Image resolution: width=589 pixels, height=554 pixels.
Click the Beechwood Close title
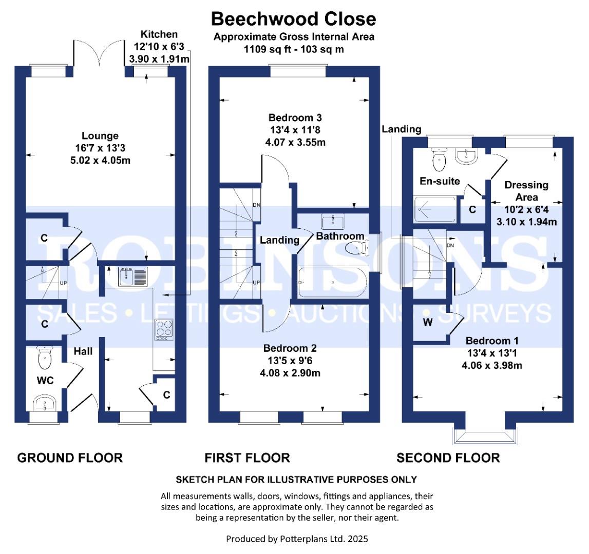pos(293,19)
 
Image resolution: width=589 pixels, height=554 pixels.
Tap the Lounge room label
pos(100,135)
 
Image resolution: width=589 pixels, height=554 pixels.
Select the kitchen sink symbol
pos(132,276)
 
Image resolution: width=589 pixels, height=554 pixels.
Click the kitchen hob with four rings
pos(164,329)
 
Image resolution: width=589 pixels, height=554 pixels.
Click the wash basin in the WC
pos(45,403)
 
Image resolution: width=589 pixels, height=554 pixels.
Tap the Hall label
pos(83,351)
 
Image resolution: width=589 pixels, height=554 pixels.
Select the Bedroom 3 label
pos(295,117)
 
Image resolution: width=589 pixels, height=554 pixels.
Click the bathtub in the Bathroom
pos(332,282)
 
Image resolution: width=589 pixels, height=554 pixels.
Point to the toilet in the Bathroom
pos(356,248)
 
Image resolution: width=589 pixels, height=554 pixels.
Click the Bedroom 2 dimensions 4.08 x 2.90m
pos(290,373)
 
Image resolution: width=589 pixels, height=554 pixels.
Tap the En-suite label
pos(440,181)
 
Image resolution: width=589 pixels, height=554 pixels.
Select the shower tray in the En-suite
pos(435,209)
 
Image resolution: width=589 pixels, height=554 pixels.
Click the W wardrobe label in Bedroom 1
pos(427,322)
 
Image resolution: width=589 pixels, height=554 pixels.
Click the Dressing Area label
pos(526,191)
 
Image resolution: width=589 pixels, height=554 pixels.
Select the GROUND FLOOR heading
pos(70,458)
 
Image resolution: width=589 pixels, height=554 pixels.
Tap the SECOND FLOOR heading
pos(448,458)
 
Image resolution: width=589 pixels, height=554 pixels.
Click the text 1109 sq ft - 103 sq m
pos(294,49)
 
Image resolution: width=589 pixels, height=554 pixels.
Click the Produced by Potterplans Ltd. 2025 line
pos(297,539)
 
